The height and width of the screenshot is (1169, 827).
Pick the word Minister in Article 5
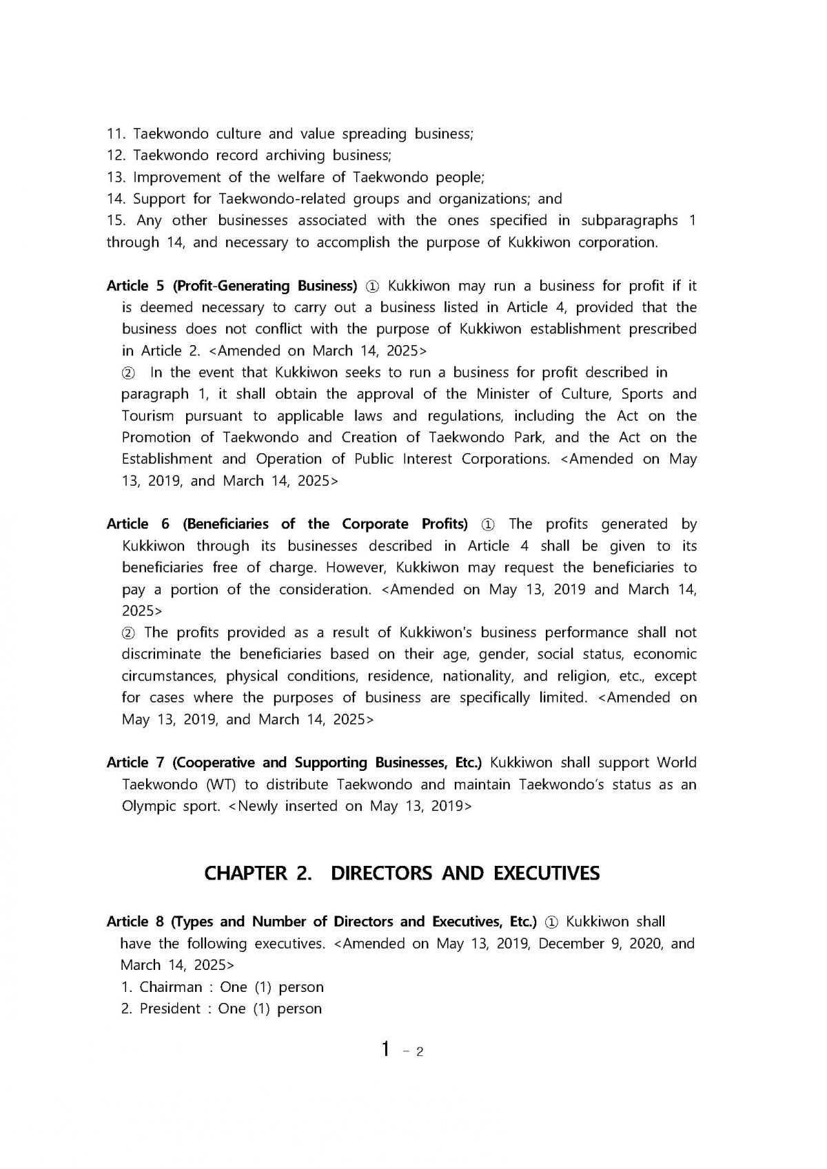[x=501, y=394]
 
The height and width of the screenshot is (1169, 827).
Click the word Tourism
[x=147, y=416]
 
